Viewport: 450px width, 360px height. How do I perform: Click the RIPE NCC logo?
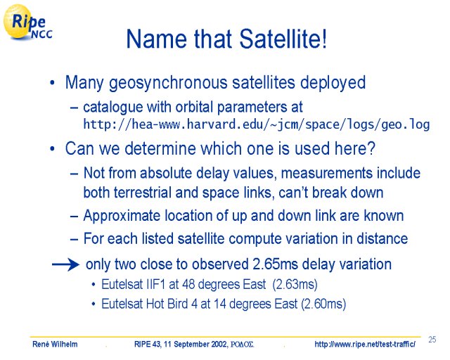[x=28, y=22]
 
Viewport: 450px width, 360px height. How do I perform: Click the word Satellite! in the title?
[x=283, y=39]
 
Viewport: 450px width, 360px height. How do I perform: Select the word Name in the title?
[x=157, y=39]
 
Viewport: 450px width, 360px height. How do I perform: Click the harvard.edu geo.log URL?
[x=256, y=124]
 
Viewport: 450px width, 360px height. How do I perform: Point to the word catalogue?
[x=112, y=108]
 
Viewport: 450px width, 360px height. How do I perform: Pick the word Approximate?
[x=122, y=216]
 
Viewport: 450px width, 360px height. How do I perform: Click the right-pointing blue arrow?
[x=65, y=264]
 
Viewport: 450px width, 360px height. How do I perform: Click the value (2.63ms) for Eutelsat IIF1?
[x=295, y=285]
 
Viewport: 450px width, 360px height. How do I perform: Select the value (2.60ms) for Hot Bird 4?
[x=323, y=304]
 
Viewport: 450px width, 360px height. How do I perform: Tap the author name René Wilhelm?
[x=55, y=344]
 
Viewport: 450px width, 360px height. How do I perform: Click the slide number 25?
[x=432, y=340]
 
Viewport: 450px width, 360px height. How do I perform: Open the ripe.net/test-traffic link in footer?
[x=365, y=344]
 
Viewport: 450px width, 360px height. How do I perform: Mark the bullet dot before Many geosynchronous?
[x=52, y=83]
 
